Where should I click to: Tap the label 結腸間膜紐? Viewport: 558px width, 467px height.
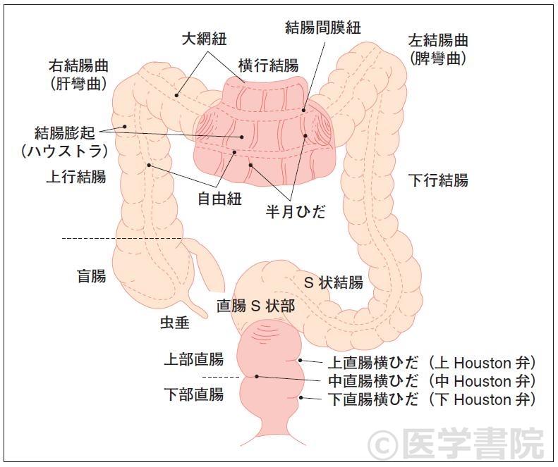coord(323,27)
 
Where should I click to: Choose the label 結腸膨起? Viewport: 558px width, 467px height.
coord(64,132)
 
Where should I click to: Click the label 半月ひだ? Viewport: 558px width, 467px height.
coord(296,211)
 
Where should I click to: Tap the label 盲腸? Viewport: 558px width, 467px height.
coord(91,275)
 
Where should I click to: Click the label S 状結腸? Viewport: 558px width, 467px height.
coord(334,283)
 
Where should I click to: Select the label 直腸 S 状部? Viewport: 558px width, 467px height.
coord(255,306)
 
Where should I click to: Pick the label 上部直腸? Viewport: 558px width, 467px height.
coord(193,359)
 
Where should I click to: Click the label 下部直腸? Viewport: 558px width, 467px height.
coord(193,394)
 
